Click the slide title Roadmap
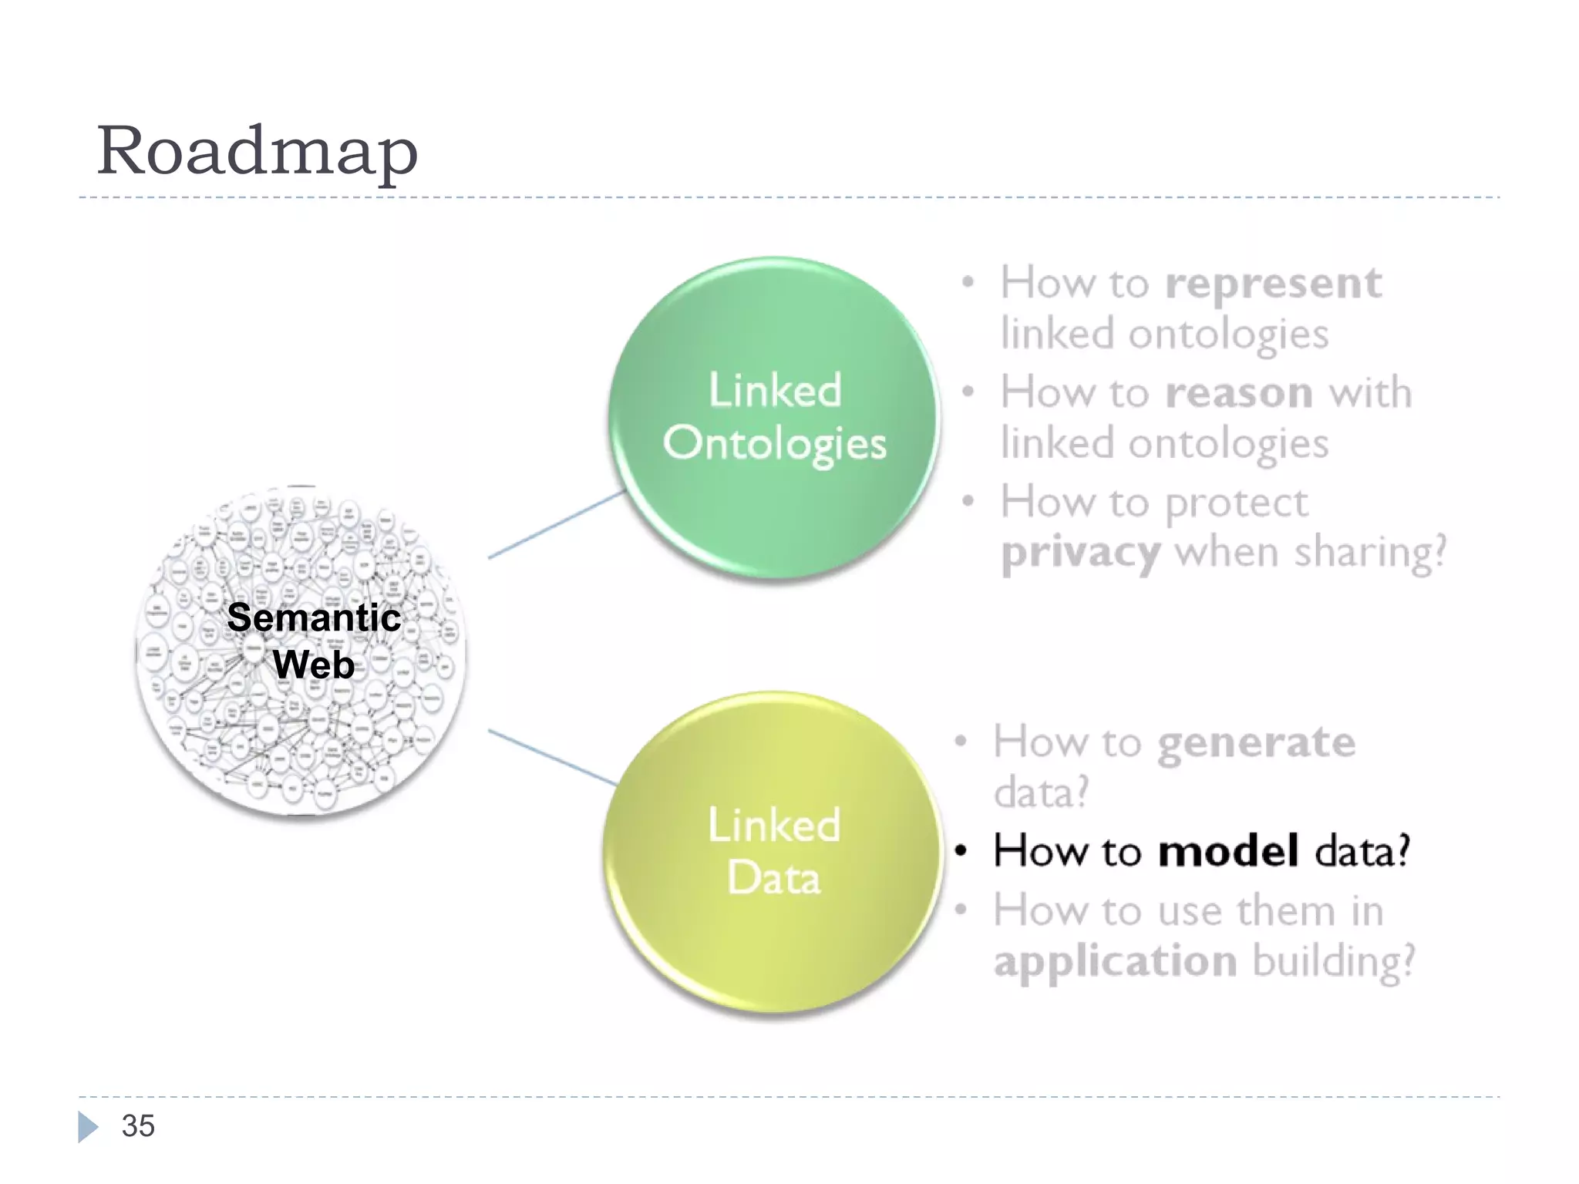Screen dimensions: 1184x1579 point(257,151)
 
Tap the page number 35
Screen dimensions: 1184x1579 point(138,1126)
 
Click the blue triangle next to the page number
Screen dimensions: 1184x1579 point(87,1127)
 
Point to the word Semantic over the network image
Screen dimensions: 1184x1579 point(314,617)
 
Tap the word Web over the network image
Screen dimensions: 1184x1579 point(314,664)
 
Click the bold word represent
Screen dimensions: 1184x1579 point(1273,284)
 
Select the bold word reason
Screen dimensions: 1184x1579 point(1239,393)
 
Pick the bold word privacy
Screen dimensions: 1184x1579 point(1080,553)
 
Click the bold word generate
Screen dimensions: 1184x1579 point(1256,743)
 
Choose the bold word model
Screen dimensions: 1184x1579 point(1228,851)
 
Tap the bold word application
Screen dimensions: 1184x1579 point(1115,962)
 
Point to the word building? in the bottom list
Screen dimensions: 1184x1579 point(1334,962)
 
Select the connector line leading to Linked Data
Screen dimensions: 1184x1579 point(552,757)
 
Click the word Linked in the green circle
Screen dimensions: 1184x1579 point(775,391)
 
